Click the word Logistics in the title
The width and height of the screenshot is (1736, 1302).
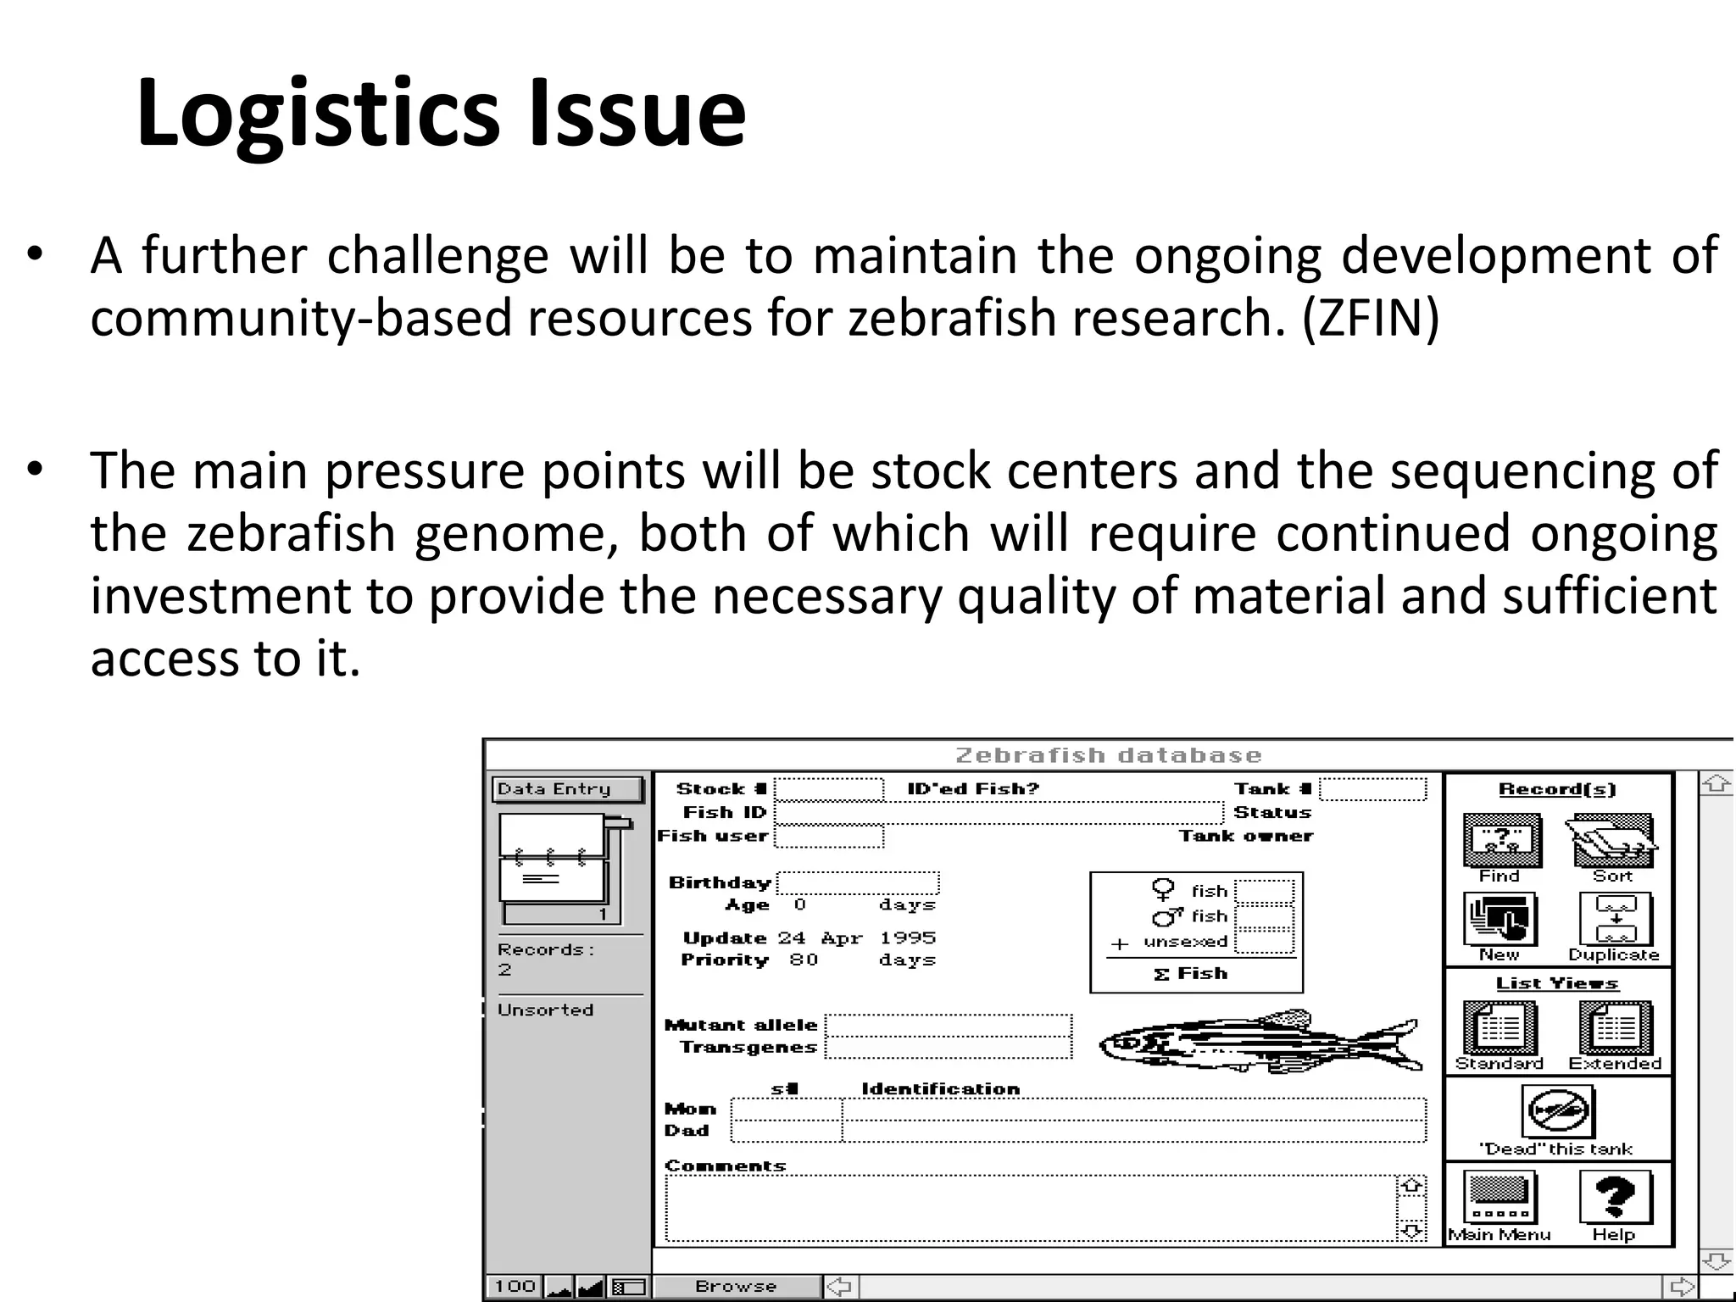coord(318,114)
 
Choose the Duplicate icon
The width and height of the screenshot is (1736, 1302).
coord(1615,920)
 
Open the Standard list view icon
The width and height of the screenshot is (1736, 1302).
coord(1500,1027)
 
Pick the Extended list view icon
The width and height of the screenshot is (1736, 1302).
coord(1615,1027)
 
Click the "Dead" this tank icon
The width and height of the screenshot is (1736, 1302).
coord(1556,1111)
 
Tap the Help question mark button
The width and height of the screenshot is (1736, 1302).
coord(1614,1197)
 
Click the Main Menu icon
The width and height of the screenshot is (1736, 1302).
coord(1500,1197)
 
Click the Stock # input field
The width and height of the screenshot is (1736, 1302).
coord(828,790)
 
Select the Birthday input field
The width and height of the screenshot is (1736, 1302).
coord(858,883)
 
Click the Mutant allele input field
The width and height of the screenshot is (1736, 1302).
coord(948,1026)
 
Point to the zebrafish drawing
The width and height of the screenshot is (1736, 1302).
coord(1259,1042)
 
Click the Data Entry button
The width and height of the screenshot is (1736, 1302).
coord(566,789)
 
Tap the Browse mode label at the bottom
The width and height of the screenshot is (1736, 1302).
coord(736,1287)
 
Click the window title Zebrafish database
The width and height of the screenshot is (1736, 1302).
coord(1108,755)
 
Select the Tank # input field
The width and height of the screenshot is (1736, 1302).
coord(1372,790)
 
